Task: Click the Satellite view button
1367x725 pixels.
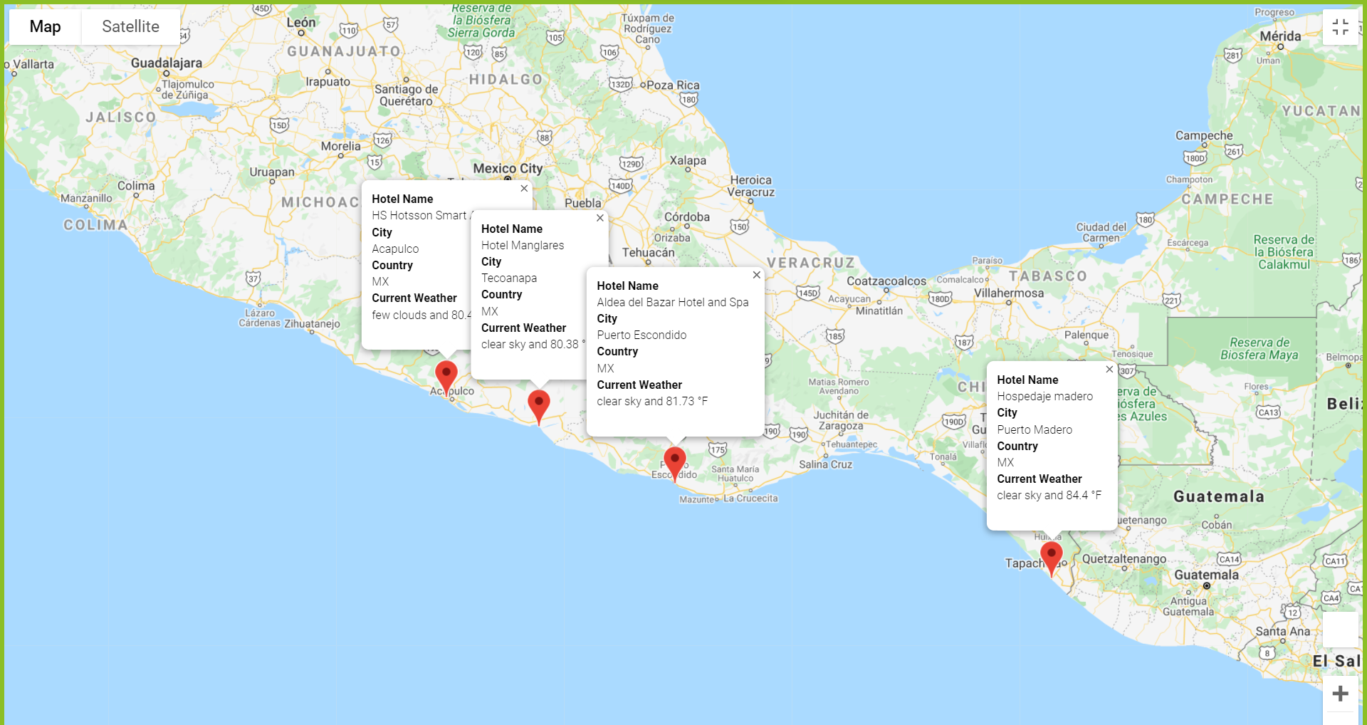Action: coord(130,27)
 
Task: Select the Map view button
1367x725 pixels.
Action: coord(46,27)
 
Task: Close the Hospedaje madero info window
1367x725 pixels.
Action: coord(1109,370)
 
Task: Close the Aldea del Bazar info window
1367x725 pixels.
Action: coord(757,275)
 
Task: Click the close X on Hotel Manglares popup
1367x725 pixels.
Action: coord(600,218)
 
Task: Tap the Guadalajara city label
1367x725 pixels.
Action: coord(167,63)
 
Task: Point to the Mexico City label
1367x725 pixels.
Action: coord(508,169)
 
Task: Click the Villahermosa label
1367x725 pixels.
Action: coord(1009,293)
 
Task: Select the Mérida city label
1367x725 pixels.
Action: coord(1280,36)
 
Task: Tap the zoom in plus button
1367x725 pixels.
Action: coord(1340,694)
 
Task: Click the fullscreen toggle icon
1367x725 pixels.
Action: coord(1340,27)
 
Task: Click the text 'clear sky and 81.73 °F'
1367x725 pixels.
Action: coord(652,402)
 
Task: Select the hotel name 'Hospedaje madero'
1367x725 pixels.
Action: coord(1044,397)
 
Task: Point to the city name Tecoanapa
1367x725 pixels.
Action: coord(509,278)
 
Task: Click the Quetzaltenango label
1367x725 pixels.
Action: coord(1124,559)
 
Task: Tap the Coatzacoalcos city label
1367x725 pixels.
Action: coord(886,281)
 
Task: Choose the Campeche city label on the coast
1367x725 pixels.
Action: coord(1204,136)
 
